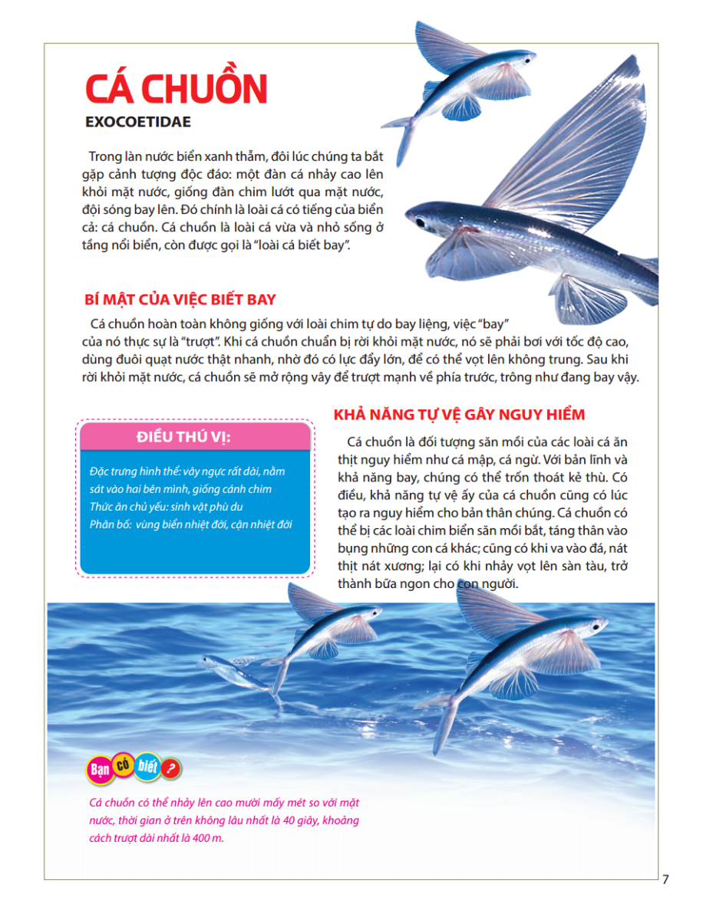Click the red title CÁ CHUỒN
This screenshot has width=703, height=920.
click(x=176, y=90)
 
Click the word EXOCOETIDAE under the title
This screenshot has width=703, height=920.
click(x=138, y=122)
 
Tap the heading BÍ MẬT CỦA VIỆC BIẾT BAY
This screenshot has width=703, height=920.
click(x=180, y=299)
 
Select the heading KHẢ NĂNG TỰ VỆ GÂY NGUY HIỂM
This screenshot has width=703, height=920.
click(x=459, y=415)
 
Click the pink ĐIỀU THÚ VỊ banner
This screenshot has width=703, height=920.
click(x=195, y=437)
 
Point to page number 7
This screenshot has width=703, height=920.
click(x=665, y=879)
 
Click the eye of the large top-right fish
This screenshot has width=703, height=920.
click(x=421, y=222)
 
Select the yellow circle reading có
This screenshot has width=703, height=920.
click(x=122, y=763)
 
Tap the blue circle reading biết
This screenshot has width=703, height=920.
click(x=147, y=768)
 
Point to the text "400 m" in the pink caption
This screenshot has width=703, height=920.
click(x=218, y=837)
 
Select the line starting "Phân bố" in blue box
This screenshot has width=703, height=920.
click(x=190, y=524)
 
